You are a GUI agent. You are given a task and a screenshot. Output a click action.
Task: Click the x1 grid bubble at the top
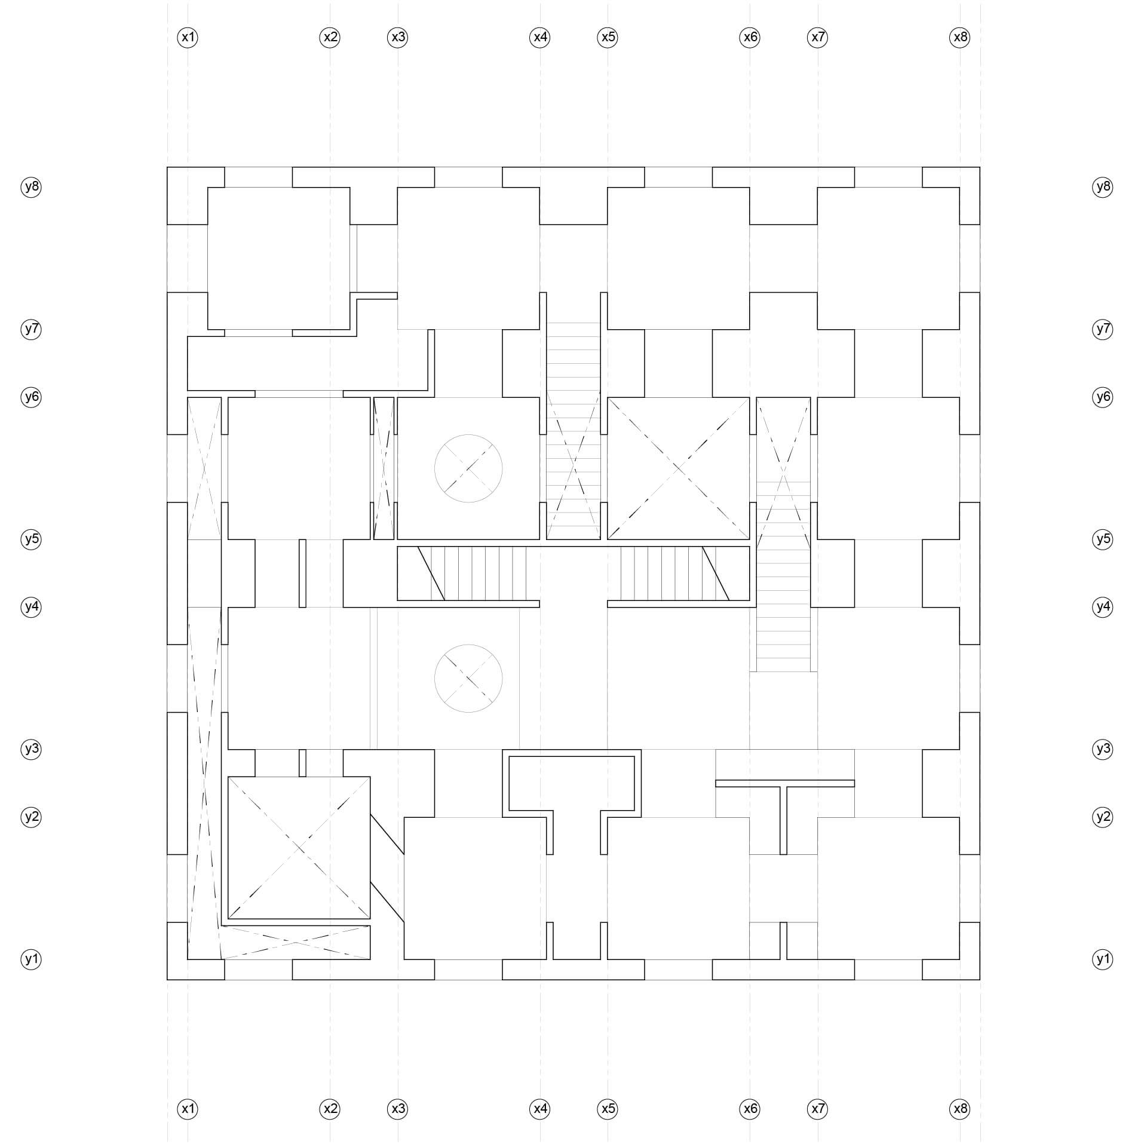tap(188, 37)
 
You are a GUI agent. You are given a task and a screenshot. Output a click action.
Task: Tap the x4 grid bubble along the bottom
tap(540, 1109)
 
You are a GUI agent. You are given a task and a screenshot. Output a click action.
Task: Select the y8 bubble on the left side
tap(31, 187)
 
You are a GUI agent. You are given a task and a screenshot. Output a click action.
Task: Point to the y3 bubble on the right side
tap(1103, 749)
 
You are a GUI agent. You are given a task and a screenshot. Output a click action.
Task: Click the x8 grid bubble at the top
tap(960, 37)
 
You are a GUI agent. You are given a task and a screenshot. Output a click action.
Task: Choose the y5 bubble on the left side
tap(31, 539)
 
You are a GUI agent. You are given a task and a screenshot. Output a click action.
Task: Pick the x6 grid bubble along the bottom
tap(750, 1109)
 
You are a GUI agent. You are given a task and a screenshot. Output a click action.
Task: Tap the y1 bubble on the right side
tap(1103, 959)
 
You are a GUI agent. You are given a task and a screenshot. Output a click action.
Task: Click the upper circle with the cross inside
tap(468, 435)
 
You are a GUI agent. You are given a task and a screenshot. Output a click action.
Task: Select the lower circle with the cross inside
tap(468, 645)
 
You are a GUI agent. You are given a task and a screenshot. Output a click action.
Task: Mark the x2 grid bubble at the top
tap(330, 37)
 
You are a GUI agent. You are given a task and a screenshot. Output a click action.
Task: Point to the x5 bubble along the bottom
tap(608, 1109)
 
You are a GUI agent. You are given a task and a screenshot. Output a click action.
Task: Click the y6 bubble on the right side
tap(1103, 397)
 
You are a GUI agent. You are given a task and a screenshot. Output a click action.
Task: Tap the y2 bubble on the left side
tap(31, 817)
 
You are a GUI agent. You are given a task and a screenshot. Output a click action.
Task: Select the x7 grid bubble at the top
tap(818, 37)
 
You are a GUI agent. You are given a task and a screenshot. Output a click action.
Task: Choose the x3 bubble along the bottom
tap(398, 1109)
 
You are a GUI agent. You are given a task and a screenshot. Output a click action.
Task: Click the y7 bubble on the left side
tap(31, 329)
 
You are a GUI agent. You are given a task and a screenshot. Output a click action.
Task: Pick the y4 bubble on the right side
tap(1103, 608)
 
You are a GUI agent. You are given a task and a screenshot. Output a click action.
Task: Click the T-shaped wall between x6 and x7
tap(784, 783)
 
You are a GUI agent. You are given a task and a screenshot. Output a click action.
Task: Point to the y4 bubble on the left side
tap(31, 608)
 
